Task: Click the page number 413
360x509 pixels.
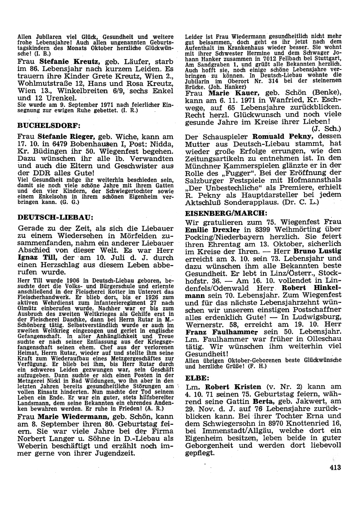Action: [x=334, y=468]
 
